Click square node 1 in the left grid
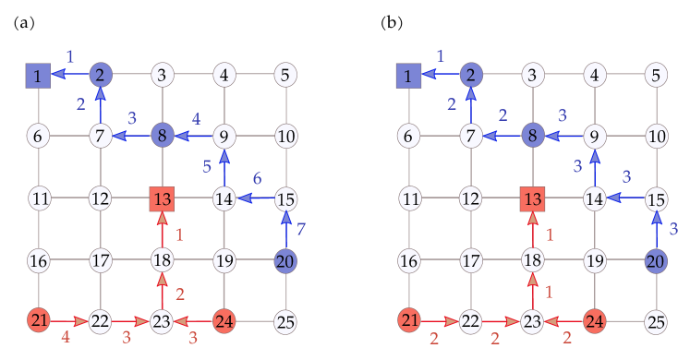tap(38, 75)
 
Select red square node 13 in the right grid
tap(532, 198)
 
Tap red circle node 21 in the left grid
tap(38, 321)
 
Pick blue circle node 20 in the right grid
tap(656, 260)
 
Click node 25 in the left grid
tap(285, 322)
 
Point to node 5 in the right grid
tap(656, 75)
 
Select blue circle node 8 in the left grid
tap(163, 137)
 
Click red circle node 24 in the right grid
tap(594, 321)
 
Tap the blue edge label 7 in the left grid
tap(302, 228)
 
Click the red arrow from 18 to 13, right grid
tap(532, 230)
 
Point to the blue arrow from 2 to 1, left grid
tap(69, 75)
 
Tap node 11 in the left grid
tap(38, 198)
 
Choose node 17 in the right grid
tap(470, 260)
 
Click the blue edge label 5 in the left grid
tap(209, 167)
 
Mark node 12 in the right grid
tap(470, 198)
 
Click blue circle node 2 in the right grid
tap(470, 75)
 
